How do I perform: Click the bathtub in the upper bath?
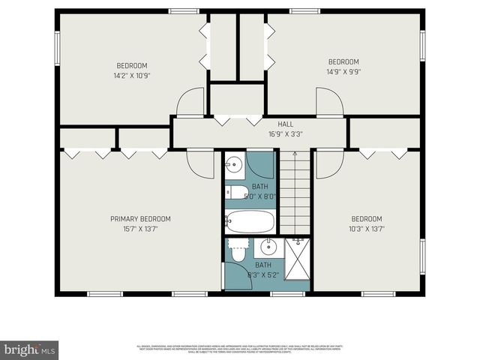pos(250,221)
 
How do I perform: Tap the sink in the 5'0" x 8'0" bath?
pos(233,166)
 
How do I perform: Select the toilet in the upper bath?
pos(235,193)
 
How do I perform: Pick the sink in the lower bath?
pos(268,247)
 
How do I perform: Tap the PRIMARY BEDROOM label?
pos(140,219)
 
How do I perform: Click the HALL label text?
pos(286,124)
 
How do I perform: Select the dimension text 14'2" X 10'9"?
pos(132,75)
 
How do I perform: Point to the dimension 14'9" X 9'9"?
pos(343,72)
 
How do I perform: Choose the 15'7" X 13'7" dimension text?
pos(140,229)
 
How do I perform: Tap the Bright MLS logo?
pos(30,349)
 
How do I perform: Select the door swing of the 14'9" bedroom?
pos(328,102)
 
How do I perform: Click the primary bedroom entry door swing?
pos(200,163)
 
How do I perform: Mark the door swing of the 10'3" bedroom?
pos(327,164)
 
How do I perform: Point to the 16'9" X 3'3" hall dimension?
pos(286,134)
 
